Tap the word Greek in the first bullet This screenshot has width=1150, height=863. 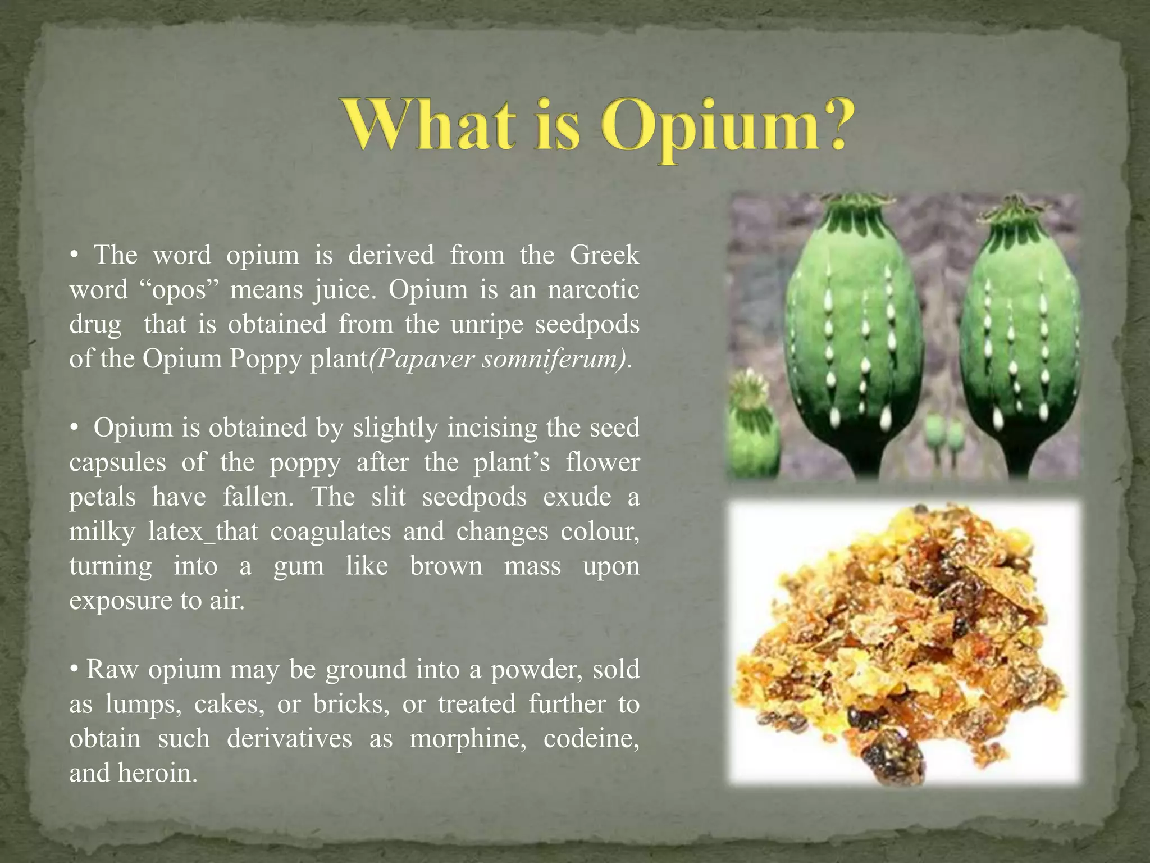coord(604,256)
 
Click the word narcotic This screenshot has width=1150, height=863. coord(593,290)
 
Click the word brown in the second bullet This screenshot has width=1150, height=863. coord(446,566)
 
